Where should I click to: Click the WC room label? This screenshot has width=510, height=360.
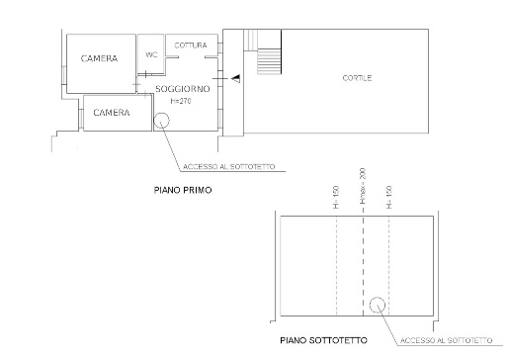point(151,54)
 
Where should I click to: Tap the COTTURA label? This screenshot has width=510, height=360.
point(191,45)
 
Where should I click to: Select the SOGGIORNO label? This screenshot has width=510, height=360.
point(183,89)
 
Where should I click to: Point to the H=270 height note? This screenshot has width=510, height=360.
point(181,101)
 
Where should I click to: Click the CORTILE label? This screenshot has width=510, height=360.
point(357,78)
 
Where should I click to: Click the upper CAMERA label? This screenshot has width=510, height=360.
point(99,58)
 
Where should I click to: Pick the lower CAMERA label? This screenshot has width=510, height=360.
point(112,113)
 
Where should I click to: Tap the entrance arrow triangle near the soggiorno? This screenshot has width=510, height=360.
point(236,79)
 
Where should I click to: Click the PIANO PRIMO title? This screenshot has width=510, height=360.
point(183,190)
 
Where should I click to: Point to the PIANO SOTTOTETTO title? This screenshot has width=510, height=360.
point(323,340)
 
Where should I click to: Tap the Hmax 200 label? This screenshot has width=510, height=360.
point(363,186)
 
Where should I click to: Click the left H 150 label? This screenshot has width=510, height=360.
point(336,197)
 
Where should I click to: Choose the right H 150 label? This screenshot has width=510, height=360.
point(389,197)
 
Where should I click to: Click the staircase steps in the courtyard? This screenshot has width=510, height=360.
point(269,61)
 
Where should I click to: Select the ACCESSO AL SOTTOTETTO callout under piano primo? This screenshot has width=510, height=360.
point(229,167)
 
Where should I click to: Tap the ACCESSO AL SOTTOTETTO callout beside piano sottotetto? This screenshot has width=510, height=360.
point(447,340)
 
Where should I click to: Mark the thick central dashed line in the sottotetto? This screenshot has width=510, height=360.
point(363,266)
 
